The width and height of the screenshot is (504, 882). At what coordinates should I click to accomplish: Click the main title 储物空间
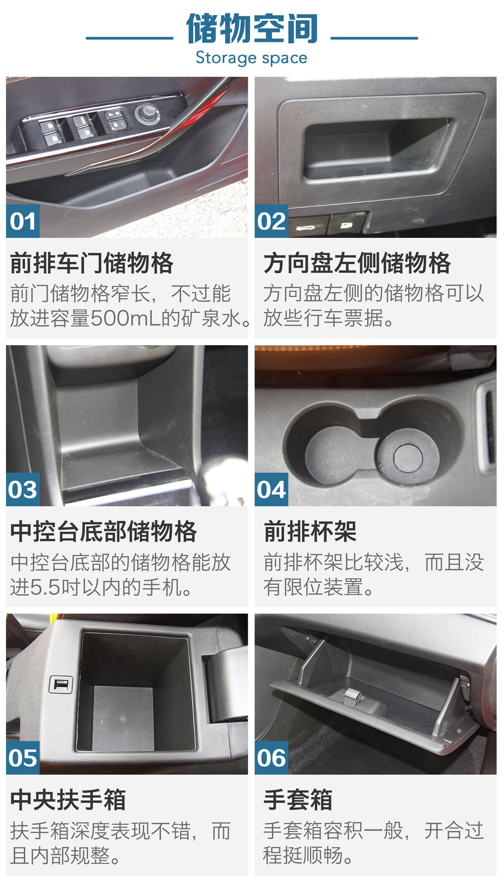(x=252, y=29)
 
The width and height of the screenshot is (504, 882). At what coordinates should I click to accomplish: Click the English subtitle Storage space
(x=252, y=58)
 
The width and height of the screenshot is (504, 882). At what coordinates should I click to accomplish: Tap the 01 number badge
(x=23, y=221)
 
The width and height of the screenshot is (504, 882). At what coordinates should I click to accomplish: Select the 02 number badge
(x=271, y=221)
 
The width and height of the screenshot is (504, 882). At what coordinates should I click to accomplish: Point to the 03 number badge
(x=23, y=489)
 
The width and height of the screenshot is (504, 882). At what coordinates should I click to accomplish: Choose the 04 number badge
(x=271, y=489)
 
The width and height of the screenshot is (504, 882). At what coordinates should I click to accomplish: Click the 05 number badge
(x=23, y=758)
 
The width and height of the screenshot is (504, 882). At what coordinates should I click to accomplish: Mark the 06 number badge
(x=271, y=758)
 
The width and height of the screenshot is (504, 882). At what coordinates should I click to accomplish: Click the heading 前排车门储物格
(x=92, y=263)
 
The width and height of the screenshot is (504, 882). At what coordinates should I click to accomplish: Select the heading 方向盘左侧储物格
(x=357, y=263)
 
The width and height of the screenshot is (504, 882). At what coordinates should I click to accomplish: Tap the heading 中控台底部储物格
(x=104, y=531)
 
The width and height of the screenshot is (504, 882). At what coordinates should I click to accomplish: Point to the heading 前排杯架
(x=310, y=531)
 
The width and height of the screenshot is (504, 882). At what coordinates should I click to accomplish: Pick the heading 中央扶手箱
(x=68, y=800)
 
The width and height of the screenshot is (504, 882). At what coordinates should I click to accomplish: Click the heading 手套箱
(x=298, y=800)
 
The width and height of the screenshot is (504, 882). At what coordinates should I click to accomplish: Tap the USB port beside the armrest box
(x=61, y=684)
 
